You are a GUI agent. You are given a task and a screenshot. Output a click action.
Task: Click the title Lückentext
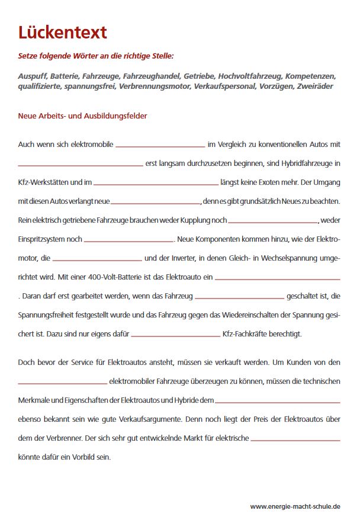[x=63, y=32]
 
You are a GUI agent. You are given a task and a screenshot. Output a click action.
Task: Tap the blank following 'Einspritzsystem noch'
[x=129, y=240]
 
